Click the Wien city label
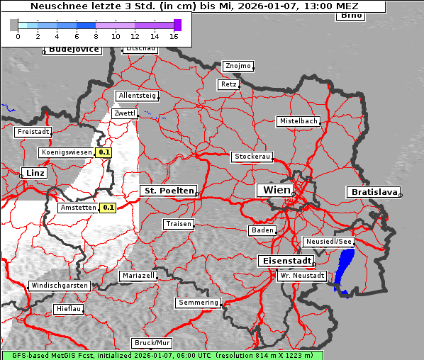pyautogui.click(x=277, y=190)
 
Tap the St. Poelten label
pyautogui.click(x=168, y=191)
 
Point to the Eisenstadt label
pyautogui.click(x=284, y=261)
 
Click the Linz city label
pyautogui.click(x=33, y=173)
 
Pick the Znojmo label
pyautogui.click(x=238, y=66)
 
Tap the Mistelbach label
pyautogui.click(x=299, y=121)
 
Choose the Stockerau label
pyautogui.click(x=252, y=157)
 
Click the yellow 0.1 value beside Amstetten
pyautogui.click(x=108, y=208)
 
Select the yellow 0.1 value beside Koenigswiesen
pyautogui.click(x=104, y=152)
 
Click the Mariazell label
pyautogui.click(x=138, y=275)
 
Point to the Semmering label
pyautogui.click(x=199, y=303)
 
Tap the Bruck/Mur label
pyautogui.click(x=152, y=343)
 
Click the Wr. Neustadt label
pyautogui.click(x=302, y=275)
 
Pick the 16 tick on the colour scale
pyautogui.click(x=174, y=36)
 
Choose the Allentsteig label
pyautogui.click(x=138, y=96)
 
